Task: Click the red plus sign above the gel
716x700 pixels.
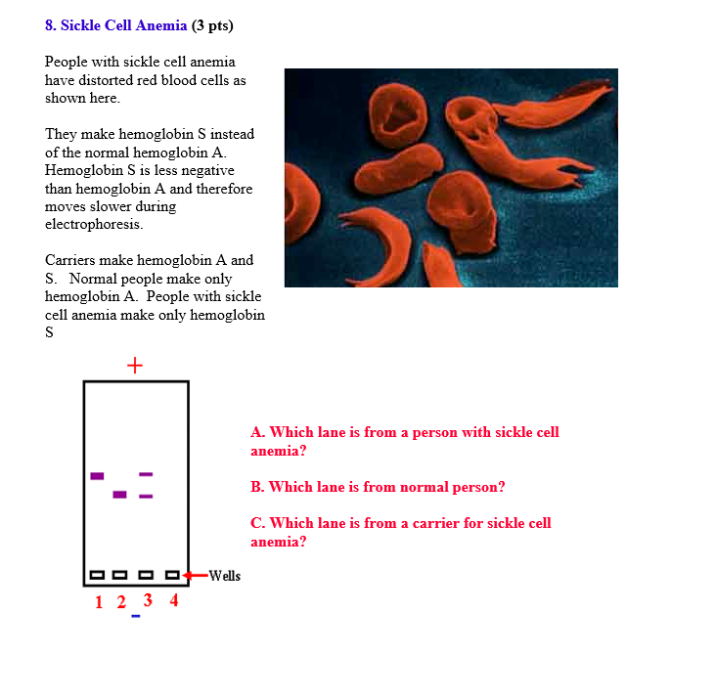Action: (134, 366)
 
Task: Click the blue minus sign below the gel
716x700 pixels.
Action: (136, 617)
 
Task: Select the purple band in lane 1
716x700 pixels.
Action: (97, 476)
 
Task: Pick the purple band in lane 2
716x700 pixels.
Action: (119, 494)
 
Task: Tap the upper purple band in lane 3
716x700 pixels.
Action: (146, 474)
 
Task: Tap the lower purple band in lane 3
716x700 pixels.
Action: (146, 497)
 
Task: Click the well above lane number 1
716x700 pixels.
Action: (97, 575)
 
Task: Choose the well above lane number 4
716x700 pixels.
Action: (173, 575)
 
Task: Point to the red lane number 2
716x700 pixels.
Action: (121, 602)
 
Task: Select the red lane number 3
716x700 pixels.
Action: (148, 599)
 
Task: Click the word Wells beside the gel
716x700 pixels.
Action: (224, 575)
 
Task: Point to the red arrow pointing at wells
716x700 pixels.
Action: (196, 575)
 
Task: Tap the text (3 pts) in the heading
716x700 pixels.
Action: (212, 25)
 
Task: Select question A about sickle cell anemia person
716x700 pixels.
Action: (404, 441)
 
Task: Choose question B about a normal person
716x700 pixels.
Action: (378, 487)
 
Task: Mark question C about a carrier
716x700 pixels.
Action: (400, 532)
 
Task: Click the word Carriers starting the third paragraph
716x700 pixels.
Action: (70, 260)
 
